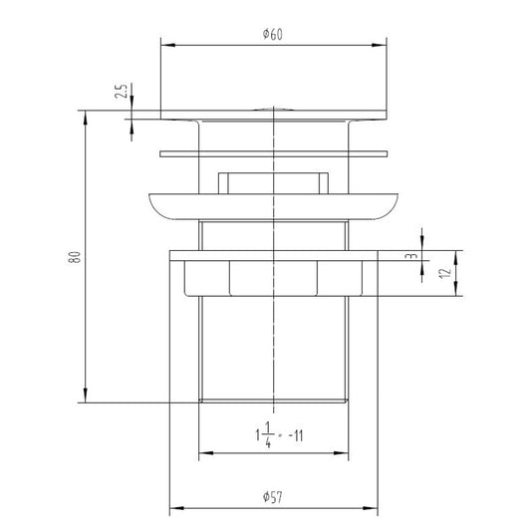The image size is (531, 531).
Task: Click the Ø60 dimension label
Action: tap(273, 34)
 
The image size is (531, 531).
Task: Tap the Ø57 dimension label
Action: tap(273, 497)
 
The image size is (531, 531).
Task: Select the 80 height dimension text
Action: tap(75, 257)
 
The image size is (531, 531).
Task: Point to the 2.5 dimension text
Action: tap(121, 91)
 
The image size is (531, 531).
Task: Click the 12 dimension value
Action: tap(445, 273)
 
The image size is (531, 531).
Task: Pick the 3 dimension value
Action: tap(411, 256)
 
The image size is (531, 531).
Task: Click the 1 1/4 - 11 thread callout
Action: tap(279, 435)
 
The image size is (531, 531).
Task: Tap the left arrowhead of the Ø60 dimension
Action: tap(168, 45)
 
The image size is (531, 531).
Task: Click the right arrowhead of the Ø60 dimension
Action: tap(379, 45)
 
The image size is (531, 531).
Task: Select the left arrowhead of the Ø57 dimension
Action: tap(176, 508)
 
